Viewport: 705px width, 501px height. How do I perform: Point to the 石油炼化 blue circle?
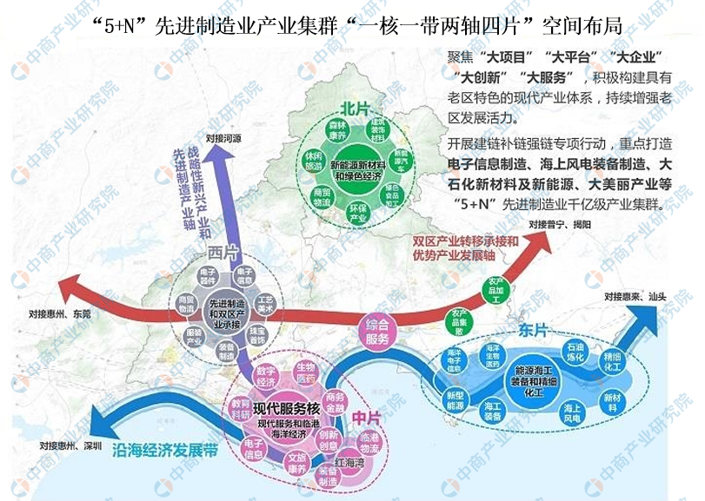[575, 354]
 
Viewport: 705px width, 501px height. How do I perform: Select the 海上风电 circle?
[572, 411]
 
